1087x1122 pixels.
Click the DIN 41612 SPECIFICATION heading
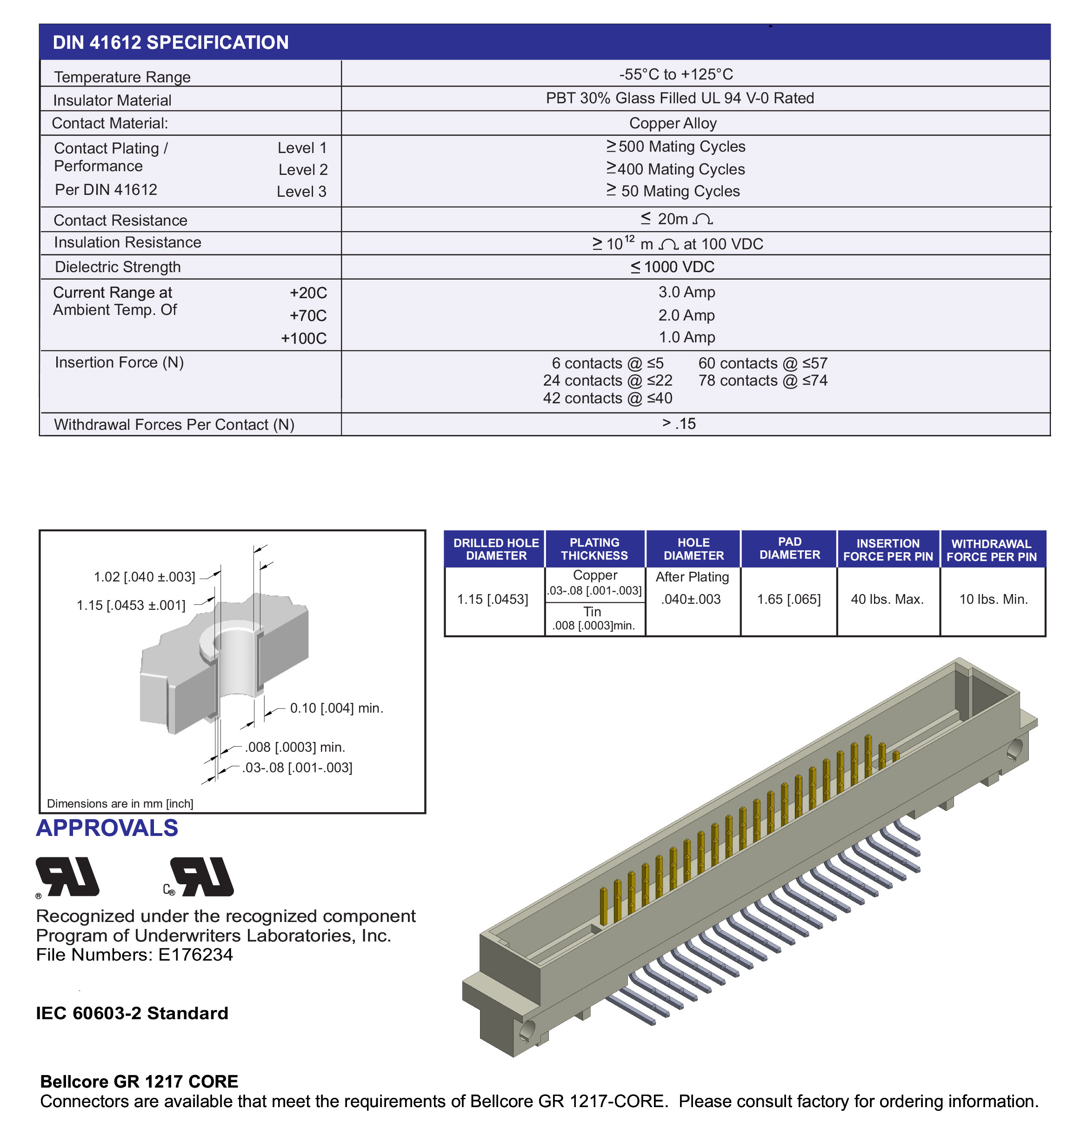click(171, 42)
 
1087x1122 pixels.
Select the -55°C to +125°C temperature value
click(675, 74)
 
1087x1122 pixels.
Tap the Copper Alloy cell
click(673, 123)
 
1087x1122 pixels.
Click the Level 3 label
click(302, 192)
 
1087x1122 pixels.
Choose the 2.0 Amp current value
click(687, 315)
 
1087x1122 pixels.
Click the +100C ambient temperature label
click(303, 338)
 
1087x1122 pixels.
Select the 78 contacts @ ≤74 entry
click(762, 381)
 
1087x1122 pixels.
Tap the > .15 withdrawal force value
click(679, 424)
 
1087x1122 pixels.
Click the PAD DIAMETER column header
click(789, 548)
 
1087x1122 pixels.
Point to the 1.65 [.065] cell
click(789, 599)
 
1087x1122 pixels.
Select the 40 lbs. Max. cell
click(887, 599)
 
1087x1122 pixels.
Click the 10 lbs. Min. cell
click(993, 599)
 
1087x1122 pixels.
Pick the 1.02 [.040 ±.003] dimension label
click(144, 577)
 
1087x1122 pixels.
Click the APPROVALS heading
click(107, 828)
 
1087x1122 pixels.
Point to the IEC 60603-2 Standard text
click(132, 1013)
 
